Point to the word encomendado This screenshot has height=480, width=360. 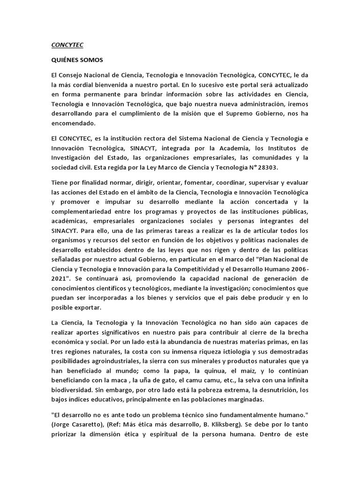tap(73, 124)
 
